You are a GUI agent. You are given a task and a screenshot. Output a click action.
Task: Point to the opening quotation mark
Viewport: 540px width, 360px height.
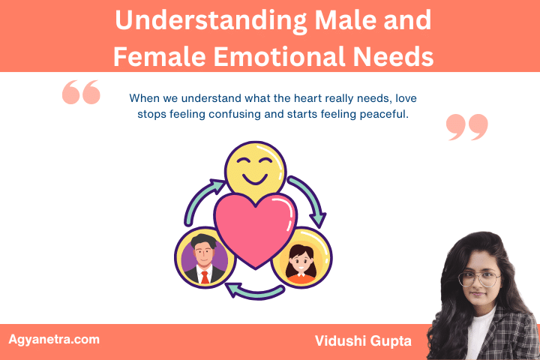pyautogui.click(x=81, y=92)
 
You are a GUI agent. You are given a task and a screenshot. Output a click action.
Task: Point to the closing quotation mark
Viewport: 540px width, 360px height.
pyautogui.click(x=466, y=127)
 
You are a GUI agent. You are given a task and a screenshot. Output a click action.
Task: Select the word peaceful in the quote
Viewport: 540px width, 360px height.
pyautogui.click(x=379, y=115)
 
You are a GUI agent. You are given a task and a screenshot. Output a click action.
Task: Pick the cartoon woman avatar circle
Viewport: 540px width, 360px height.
pyautogui.click(x=302, y=258)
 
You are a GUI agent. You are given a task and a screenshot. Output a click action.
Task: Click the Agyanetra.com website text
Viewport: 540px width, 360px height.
pyautogui.click(x=53, y=339)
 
